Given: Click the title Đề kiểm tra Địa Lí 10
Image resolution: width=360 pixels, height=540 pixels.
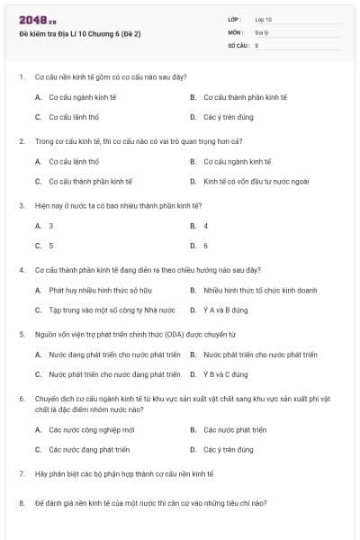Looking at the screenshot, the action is [x=80, y=34].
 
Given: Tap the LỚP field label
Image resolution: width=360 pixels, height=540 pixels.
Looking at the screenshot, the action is [x=235, y=19].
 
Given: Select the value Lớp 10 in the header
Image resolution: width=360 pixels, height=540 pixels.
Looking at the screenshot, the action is [x=263, y=19].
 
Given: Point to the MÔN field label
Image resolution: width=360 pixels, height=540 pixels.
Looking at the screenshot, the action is [x=236, y=31].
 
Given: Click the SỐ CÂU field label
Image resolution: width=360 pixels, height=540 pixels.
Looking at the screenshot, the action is [x=238, y=44].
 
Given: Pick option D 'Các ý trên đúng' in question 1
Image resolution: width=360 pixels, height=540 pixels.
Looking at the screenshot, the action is [x=228, y=117].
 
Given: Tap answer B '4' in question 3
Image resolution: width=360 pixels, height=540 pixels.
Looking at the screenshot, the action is [x=205, y=226].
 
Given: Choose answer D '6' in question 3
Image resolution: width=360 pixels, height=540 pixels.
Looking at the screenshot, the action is [x=205, y=246].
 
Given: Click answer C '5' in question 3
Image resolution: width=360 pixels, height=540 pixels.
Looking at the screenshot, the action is [x=50, y=246].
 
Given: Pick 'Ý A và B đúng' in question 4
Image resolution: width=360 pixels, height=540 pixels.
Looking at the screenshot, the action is [x=225, y=310].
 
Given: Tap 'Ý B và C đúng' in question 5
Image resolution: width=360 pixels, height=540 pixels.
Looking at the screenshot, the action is [x=226, y=374].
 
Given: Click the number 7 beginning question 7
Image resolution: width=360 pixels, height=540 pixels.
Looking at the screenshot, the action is [x=22, y=473].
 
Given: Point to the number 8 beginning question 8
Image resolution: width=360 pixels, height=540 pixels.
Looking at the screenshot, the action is [x=22, y=503].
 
